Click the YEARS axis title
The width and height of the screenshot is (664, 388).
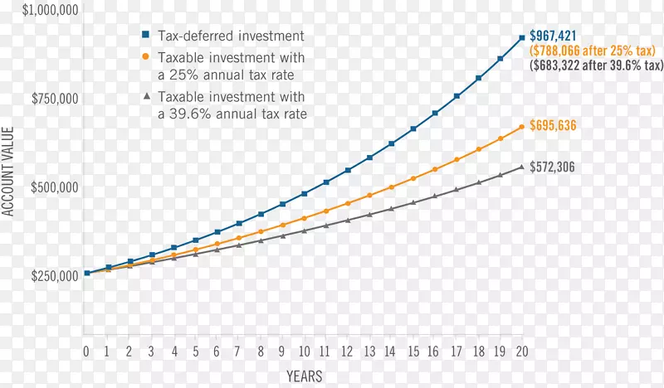click(304, 376)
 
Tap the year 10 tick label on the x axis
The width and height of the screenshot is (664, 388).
click(305, 352)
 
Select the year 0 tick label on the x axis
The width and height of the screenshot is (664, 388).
click(86, 352)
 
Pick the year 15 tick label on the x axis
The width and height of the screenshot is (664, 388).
click(413, 352)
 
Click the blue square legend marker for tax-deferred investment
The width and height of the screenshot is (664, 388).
click(144, 36)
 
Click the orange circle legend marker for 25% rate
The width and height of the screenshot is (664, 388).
click(144, 57)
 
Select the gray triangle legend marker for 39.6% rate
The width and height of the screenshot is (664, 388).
click(144, 96)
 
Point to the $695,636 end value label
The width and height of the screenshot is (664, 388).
click(554, 126)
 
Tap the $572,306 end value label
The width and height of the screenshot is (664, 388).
click(554, 167)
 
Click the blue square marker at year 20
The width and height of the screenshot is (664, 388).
click(521, 38)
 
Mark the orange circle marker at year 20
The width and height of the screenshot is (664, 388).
click(521, 127)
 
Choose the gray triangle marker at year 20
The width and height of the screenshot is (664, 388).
click(521, 167)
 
